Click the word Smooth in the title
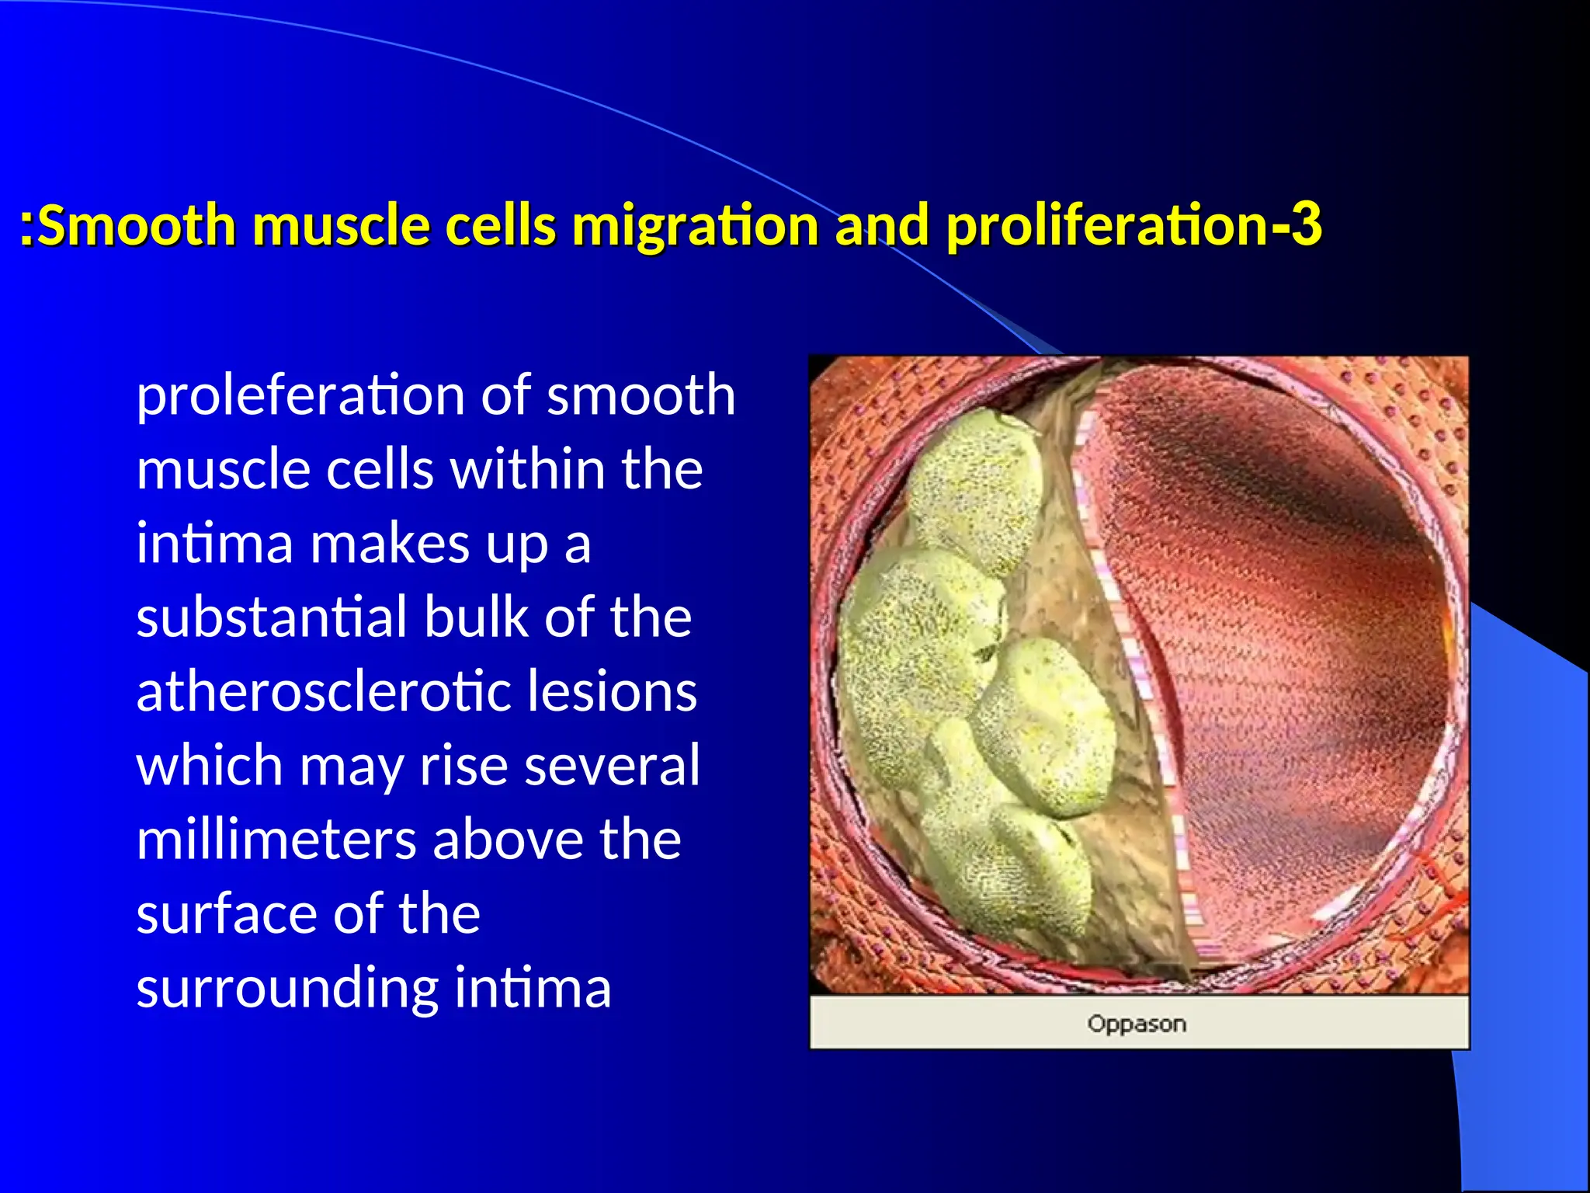click(137, 225)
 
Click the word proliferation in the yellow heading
click(1107, 225)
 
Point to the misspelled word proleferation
click(299, 395)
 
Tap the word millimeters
click(276, 840)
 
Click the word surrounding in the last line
click(287, 989)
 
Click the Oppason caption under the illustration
click(1137, 1024)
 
